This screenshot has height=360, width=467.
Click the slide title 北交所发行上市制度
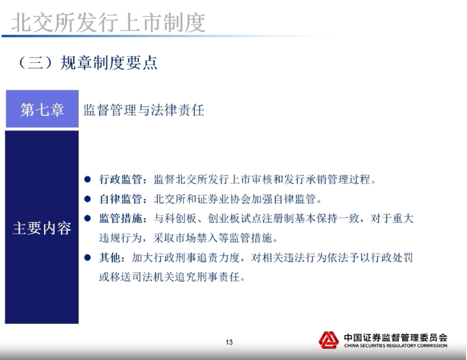tap(108, 23)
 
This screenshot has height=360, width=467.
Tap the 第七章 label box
tap(42, 109)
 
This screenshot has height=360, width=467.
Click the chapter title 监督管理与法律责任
tap(144, 110)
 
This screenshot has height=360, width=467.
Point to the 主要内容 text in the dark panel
tap(42, 228)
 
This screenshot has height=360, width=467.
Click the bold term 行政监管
tap(121, 180)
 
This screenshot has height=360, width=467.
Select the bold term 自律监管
tap(121, 199)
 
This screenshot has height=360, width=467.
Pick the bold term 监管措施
tap(121, 219)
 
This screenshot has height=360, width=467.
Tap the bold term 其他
tap(110, 257)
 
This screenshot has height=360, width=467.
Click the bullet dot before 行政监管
tap(87, 179)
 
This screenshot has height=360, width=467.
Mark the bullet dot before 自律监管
tap(87, 198)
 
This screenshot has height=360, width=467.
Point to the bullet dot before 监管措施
tap(87, 218)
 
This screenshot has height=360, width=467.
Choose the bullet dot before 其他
tap(87, 257)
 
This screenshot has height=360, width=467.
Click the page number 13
tap(229, 342)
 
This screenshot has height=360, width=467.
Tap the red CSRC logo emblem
tap(329, 340)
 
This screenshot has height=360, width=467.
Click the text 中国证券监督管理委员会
tap(396, 338)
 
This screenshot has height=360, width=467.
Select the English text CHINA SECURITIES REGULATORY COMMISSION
tap(396, 346)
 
